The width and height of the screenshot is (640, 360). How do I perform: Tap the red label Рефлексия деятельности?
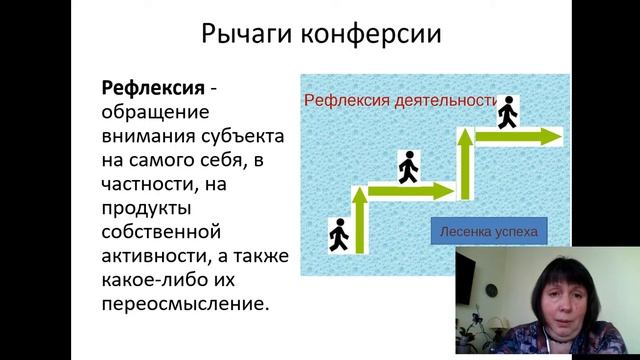point(401,100)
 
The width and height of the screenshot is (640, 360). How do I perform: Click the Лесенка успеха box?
point(488,232)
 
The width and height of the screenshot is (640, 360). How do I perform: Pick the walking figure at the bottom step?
point(338,234)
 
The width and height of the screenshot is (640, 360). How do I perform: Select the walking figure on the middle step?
point(407,167)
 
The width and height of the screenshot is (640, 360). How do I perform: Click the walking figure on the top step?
point(509,112)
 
